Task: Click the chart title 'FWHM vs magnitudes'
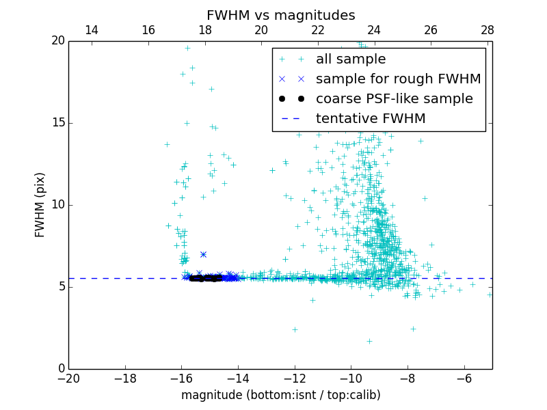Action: coord(280,15)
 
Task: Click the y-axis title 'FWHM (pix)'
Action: coord(40,204)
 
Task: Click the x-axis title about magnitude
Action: coord(280,395)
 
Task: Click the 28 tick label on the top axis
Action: coord(488,30)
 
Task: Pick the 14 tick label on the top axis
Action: coord(92,30)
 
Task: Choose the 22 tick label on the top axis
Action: coord(318,30)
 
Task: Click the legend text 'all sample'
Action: coord(351,59)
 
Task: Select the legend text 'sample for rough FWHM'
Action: coord(398,79)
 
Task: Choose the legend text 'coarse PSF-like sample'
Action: coord(394,99)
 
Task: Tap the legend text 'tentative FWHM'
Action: coord(371,119)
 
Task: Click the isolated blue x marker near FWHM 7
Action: coord(203,254)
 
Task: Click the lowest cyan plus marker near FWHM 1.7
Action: coord(369,341)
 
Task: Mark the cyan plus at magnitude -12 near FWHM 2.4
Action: coord(295,329)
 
